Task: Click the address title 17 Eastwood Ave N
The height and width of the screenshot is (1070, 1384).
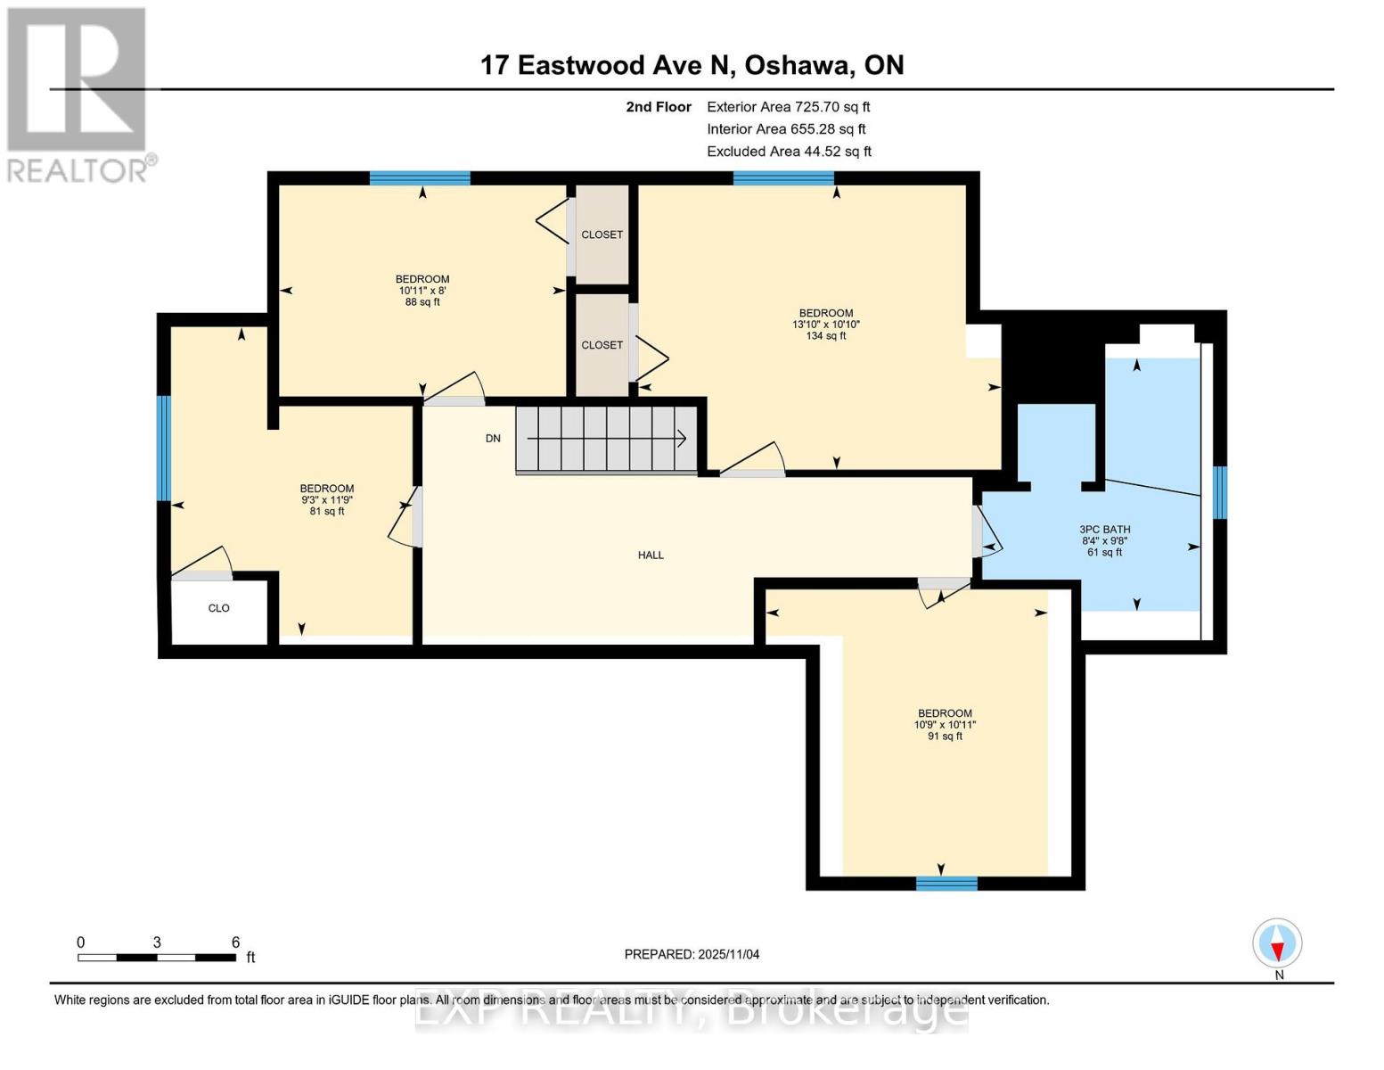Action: (692, 65)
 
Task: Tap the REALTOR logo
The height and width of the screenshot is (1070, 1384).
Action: (78, 94)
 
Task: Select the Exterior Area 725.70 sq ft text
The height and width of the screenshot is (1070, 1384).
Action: (788, 107)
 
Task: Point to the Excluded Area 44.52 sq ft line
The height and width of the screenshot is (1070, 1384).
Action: (789, 152)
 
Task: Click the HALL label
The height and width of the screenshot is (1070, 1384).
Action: (651, 556)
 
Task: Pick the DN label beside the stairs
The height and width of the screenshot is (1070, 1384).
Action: (493, 439)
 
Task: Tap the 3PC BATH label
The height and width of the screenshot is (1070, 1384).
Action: (1105, 530)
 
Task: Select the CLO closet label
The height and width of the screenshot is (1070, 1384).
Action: (219, 608)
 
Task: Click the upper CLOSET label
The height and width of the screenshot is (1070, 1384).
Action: (602, 235)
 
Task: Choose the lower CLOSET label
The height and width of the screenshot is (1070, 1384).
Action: (602, 345)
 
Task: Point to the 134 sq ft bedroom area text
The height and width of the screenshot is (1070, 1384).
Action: (825, 336)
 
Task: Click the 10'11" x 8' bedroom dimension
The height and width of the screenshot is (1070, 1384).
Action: (422, 291)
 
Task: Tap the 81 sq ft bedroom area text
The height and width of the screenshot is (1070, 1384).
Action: (327, 512)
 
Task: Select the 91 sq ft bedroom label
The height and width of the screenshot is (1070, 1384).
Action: (945, 737)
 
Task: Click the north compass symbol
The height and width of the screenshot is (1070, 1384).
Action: (1277, 943)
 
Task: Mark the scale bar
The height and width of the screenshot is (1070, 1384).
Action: (157, 958)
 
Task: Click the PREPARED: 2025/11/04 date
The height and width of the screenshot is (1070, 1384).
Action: (692, 954)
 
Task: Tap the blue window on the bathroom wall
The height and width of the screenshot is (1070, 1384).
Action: (1220, 492)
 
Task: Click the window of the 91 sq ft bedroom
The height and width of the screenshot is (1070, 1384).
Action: (946, 884)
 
